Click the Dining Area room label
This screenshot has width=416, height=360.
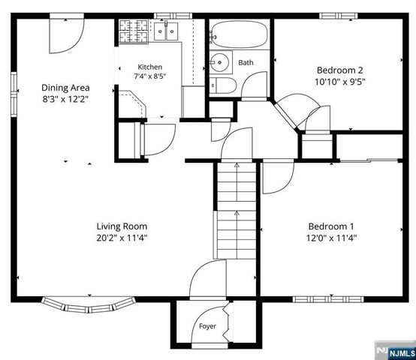(x=65, y=88)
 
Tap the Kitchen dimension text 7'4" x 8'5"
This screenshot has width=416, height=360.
(x=150, y=76)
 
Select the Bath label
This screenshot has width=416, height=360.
(x=246, y=62)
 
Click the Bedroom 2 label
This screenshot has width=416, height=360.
(x=340, y=70)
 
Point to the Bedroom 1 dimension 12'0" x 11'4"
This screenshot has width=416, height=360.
(x=331, y=238)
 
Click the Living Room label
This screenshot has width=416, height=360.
(x=122, y=226)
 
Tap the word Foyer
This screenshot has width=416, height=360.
(x=207, y=326)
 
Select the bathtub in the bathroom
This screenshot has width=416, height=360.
(x=240, y=34)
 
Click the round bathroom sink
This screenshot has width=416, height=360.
(x=219, y=62)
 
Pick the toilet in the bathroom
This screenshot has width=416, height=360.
(x=223, y=85)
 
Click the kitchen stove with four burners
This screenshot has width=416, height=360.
(x=133, y=31)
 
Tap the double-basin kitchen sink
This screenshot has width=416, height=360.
(x=166, y=31)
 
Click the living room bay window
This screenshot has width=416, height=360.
(x=89, y=305)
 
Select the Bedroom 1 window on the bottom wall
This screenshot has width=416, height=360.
(x=328, y=299)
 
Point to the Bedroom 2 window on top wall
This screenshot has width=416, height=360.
(x=338, y=16)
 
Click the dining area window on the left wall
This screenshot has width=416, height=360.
(x=14, y=94)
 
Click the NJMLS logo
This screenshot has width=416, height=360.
(x=395, y=350)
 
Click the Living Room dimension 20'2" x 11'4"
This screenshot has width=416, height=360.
(x=122, y=238)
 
